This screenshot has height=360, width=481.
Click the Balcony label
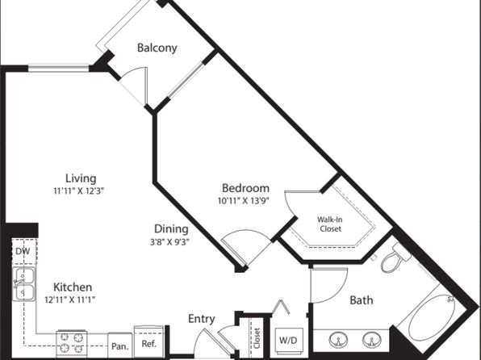[157, 48]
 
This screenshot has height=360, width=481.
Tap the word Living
[81, 178]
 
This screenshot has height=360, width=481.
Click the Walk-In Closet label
[328, 224]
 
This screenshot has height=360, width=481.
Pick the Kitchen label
[73, 287]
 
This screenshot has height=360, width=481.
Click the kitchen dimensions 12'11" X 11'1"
[73, 299]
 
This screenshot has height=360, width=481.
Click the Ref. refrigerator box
[149, 339]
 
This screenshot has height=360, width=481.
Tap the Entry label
[201, 319]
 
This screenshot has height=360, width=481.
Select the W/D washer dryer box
[288, 341]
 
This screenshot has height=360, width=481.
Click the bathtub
[431, 317]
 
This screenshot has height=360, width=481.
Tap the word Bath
[361, 301]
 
